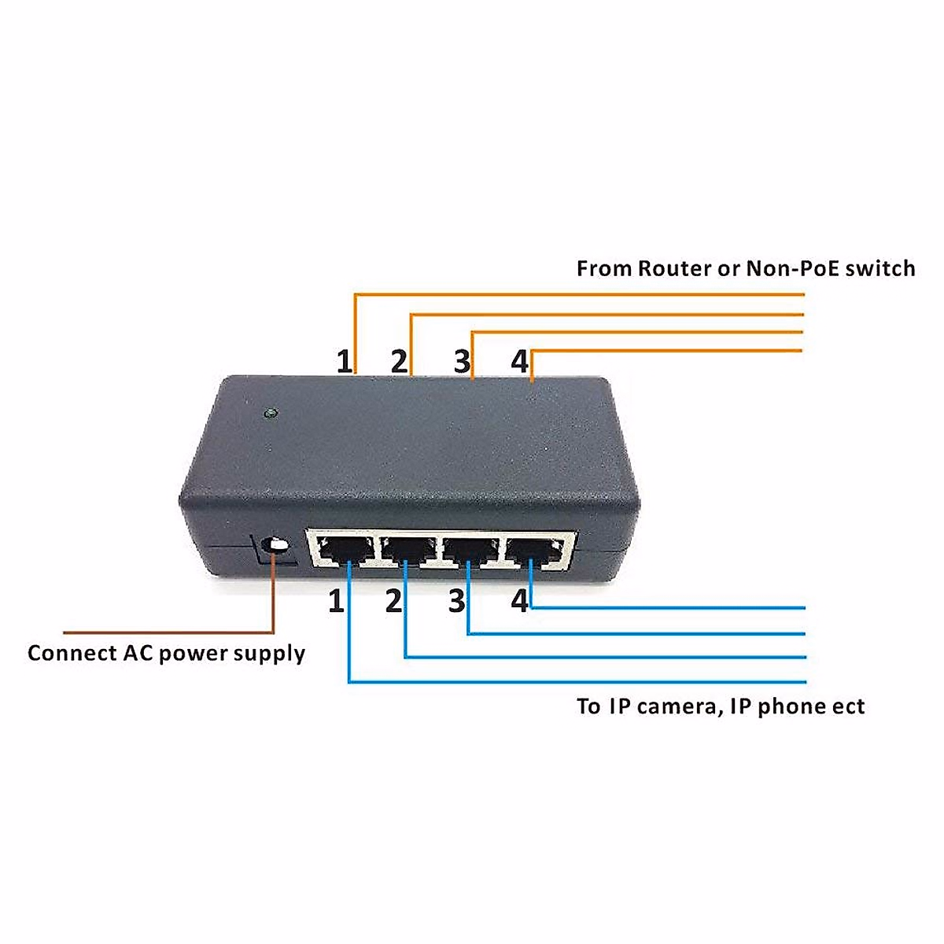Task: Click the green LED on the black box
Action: pyautogui.click(x=270, y=412)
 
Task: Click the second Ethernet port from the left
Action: pyautogui.click(x=407, y=549)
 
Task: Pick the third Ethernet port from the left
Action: pyautogui.click(x=470, y=549)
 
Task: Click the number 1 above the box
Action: pyautogui.click(x=344, y=362)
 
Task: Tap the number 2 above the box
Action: pyautogui.click(x=400, y=362)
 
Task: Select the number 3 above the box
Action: pyautogui.click(x=462, y=362)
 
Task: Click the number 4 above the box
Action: pyautogui.click(x=519, y=362)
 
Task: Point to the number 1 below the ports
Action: pyautogui.click(x=336, y=602)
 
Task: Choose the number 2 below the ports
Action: pyautogui.click(x=393, y=602)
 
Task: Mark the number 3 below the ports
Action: pyautogui.click(x=457, y=602)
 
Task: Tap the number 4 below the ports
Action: pyautogui.click(x=519, y=602)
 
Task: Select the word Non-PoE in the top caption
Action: pyautogui.click(x=791, y=269)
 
